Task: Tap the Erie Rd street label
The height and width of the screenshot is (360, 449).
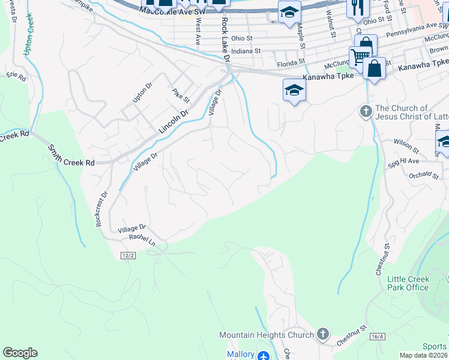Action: tap(17, 76)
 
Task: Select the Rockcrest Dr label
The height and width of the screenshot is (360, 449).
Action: tap(100, 209)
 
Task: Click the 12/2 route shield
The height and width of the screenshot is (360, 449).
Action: tap(127, 256)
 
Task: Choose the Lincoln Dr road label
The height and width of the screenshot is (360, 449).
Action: tap(173, 121)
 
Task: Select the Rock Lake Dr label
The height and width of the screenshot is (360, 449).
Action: tap(225, 40)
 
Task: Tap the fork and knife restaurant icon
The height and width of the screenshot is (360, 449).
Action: tap(359, 7)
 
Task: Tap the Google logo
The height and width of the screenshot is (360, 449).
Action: tap(20, 353)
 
